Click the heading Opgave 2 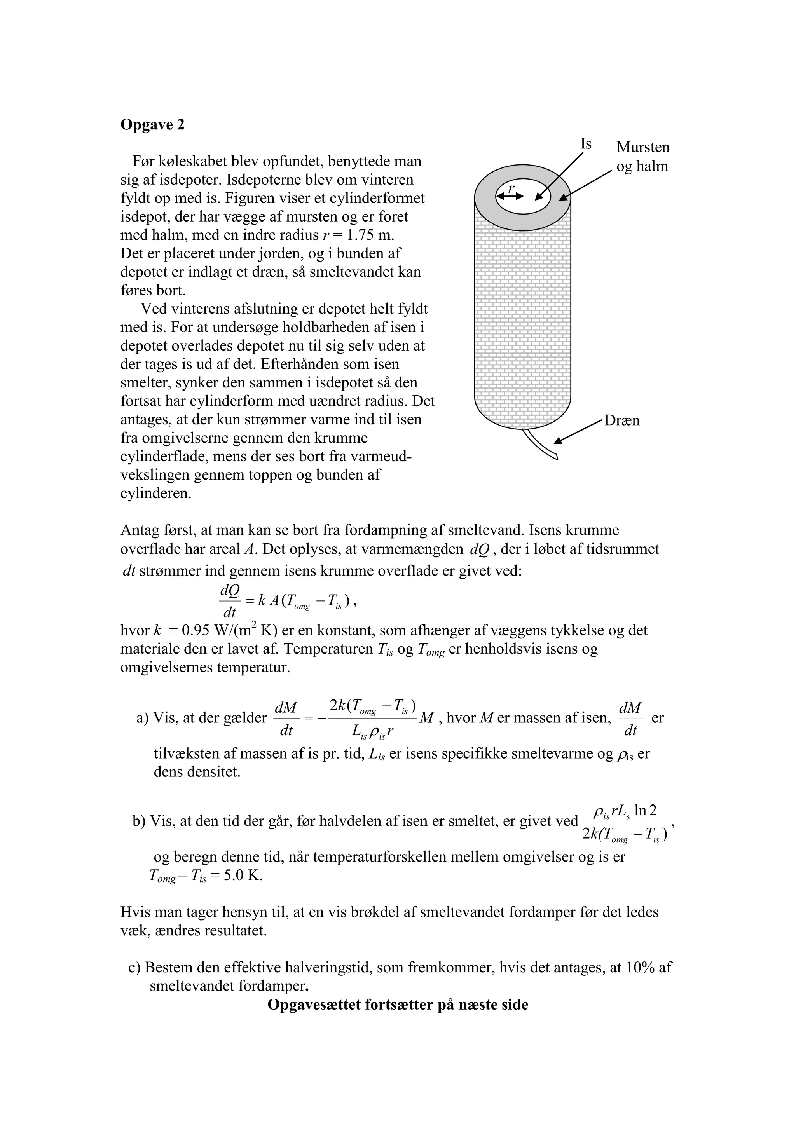(152, 125)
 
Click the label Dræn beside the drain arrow (622, 421)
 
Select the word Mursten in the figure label (642, 147)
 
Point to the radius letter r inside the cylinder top (511, 187)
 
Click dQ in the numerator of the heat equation (229, 591)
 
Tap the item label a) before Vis (142, 718)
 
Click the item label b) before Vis (139, 821)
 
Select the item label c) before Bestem (135, 968)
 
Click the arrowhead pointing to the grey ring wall (563, 197)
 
